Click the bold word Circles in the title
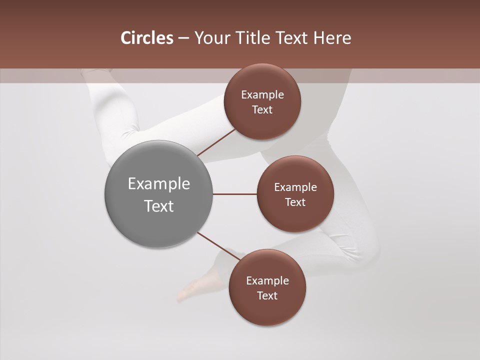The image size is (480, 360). coord(146,38)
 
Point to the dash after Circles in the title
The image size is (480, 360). coord(183,38)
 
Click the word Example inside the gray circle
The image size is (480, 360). coord(159,184)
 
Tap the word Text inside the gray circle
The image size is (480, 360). coord(159,206)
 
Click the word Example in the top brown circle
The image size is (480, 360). coord(262,95)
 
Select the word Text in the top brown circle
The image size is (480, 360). coord(262,110)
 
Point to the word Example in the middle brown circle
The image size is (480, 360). coord(295,187)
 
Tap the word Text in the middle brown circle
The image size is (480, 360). coord(295,202)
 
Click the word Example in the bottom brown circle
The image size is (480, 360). coord(267,281)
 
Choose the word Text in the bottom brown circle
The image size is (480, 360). coord(267,296)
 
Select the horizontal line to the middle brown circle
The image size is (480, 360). coord(235,194)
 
